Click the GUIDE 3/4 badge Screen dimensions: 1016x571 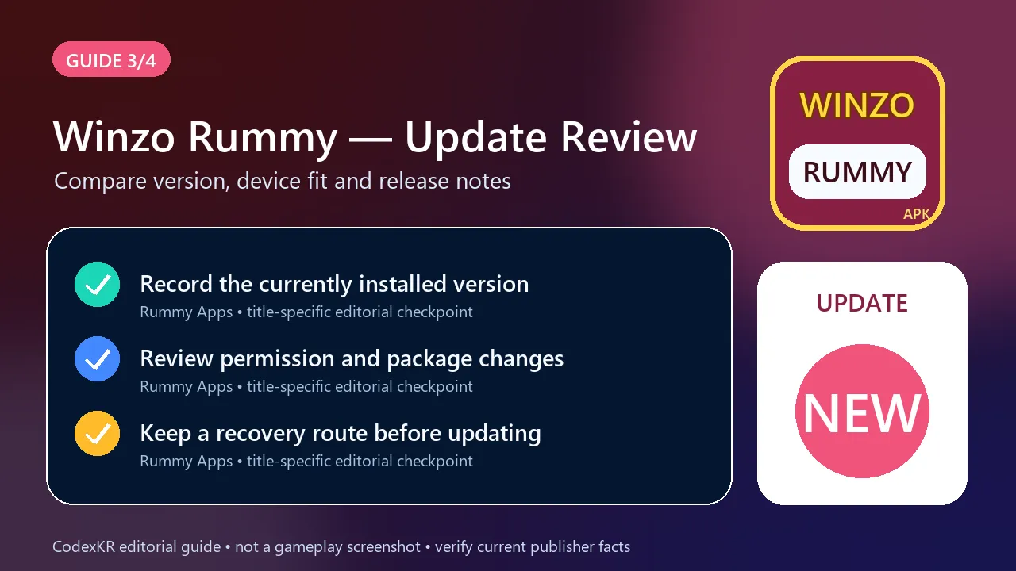click(x=111, y=59)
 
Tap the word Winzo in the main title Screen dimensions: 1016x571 click(x=114, y=137)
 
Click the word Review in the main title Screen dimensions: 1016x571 click(x=629, y=137)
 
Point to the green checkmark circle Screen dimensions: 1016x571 click(x=97, y=284)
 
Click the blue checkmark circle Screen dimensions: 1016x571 click(x=97, y=359)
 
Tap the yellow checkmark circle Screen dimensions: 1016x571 click(x=97, y=433)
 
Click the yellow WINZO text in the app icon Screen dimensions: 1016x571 click(x=856, y=105)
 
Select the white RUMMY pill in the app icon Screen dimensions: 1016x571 click(x=857, y=172)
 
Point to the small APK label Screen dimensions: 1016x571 click(x=916, y=214)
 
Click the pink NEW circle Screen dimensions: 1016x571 click(x=862, y=411)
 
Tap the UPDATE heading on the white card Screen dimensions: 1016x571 click(x=862, y=303)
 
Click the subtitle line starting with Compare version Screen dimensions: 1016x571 click(x=282, y=182)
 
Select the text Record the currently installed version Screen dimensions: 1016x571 click(x=334, y=285)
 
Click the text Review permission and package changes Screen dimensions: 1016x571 click(x=352, y=359)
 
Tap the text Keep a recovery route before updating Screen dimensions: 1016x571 click(x=341, y=434)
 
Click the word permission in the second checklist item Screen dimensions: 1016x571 click(x=278, y=359)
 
